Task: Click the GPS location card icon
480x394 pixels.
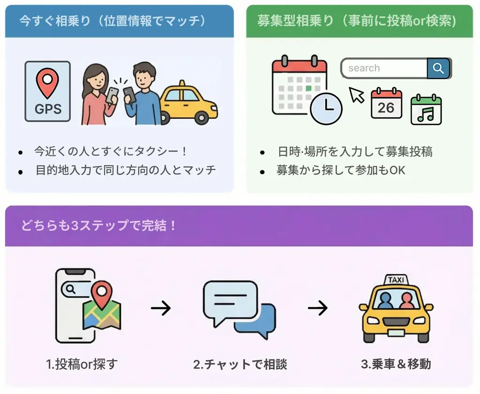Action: click(x=47, y=92)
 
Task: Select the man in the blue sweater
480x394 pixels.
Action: click(x=142, y=96)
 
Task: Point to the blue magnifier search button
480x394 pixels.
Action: click(x=439, y=68)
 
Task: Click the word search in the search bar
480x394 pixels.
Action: click(x=364, y=68)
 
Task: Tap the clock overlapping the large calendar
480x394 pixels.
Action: click(x=326, y=109)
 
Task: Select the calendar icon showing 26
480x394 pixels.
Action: click(x=386, y=103)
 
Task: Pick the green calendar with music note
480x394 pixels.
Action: click(x=426, y=109)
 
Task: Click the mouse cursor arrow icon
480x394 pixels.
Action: click(x=357, y=95)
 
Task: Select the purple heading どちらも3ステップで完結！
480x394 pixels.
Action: click(x=99, y=226)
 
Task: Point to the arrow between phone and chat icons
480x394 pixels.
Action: click(x=161, y=308)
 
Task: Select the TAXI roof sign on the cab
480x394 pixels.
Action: click(x=396, y=280)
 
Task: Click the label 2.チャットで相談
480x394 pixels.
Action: click(x=240, y=364)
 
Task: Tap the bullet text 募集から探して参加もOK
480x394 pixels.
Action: click(x=341, y=170)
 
